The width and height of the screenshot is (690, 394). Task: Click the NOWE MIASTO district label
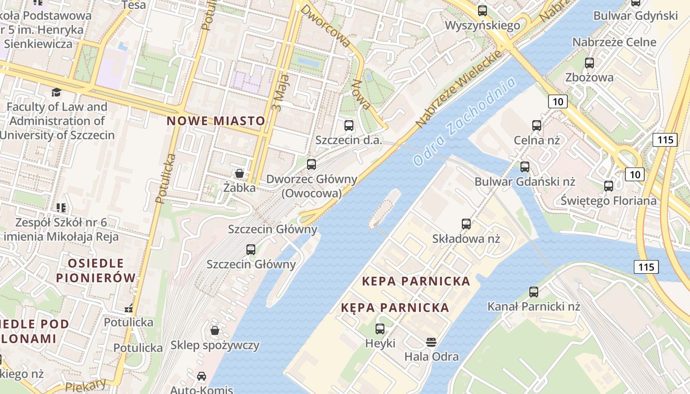[216, 121]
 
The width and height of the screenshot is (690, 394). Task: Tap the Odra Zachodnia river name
[465, 121]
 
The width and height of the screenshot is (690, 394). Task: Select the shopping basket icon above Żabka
[240, 173]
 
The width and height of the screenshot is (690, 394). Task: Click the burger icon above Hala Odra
[431, 342]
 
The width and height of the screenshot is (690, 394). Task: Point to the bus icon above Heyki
[380, 328]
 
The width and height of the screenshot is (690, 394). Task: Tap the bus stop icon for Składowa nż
[466, 224]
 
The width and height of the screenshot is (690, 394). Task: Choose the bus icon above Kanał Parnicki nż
[534, 292]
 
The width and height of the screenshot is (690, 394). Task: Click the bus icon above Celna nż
[537, 126]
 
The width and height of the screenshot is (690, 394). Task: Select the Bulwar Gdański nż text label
[525, 182]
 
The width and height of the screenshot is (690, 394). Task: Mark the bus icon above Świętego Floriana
[609, 186]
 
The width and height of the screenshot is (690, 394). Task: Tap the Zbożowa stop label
[589, 77]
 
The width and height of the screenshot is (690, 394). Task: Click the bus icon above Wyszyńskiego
[483, 10]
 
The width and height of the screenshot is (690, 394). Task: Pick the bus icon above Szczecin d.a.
[349, 125]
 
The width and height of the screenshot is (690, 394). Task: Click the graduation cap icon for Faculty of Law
[57, 92]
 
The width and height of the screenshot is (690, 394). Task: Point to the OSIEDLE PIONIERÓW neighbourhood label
[96, 270]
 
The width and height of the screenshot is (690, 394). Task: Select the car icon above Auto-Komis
[202, 376]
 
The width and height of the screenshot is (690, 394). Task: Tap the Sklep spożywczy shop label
[215, 345]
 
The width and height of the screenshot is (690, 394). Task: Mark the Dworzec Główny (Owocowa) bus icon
[311, 164]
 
